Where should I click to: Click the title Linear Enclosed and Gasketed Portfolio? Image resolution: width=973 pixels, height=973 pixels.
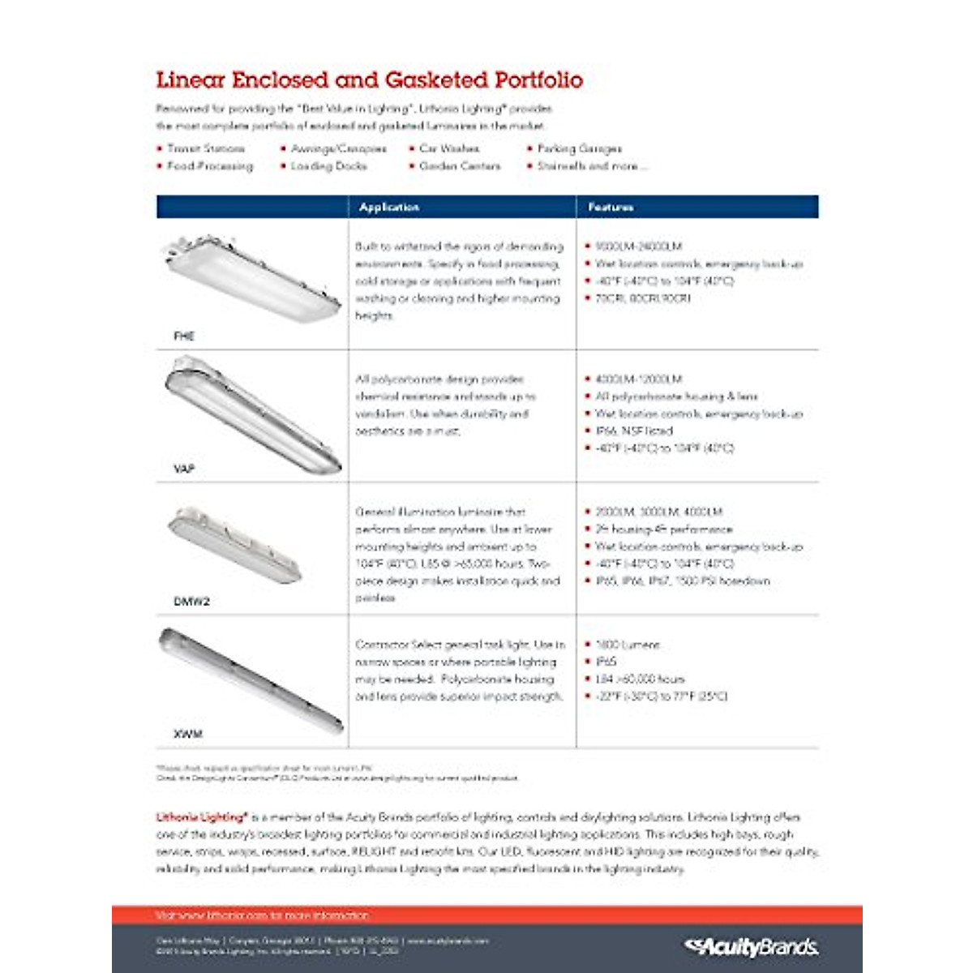coord(369,80)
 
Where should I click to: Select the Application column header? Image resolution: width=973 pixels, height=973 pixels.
coord(389,208)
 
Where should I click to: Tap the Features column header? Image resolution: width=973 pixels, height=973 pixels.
coord(611,208)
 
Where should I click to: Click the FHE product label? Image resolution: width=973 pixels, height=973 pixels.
coord(184,336)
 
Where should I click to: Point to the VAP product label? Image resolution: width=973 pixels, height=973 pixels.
coord(184,469)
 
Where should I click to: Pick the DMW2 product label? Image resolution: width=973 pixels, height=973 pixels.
coord(191,602)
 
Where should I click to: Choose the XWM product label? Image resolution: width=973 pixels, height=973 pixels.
coord(187,734)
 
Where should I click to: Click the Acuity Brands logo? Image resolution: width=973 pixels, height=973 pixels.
coord(751,946)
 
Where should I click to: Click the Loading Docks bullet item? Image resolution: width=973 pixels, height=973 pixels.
coord(328,166)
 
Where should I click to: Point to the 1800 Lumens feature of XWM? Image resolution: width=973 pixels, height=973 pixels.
coord(628,645)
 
